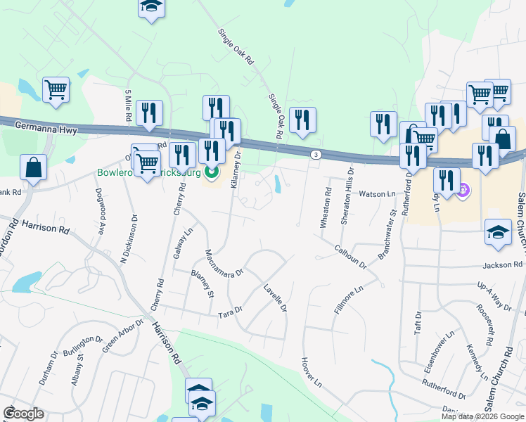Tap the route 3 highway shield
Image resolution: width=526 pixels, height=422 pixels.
(x=316, y=155)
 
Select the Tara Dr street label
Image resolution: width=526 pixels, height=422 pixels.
(x=230, y=309)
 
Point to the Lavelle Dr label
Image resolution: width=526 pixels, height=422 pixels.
(x=276, y=298)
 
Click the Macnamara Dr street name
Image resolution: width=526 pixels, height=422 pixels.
(x=223, y=262)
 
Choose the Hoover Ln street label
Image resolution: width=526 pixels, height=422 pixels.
(x=310, y=372)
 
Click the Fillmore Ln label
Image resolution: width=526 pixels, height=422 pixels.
(x=348, y=300)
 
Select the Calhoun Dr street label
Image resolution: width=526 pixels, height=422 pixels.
(x=351, y=257)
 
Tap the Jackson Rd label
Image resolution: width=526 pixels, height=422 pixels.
(x=503, y=265)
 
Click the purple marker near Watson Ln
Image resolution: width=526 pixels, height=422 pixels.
(x=463, y=189)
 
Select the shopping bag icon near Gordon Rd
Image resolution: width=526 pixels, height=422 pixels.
(x=34, y=167)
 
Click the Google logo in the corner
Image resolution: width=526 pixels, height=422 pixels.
(x=24, y=414)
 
